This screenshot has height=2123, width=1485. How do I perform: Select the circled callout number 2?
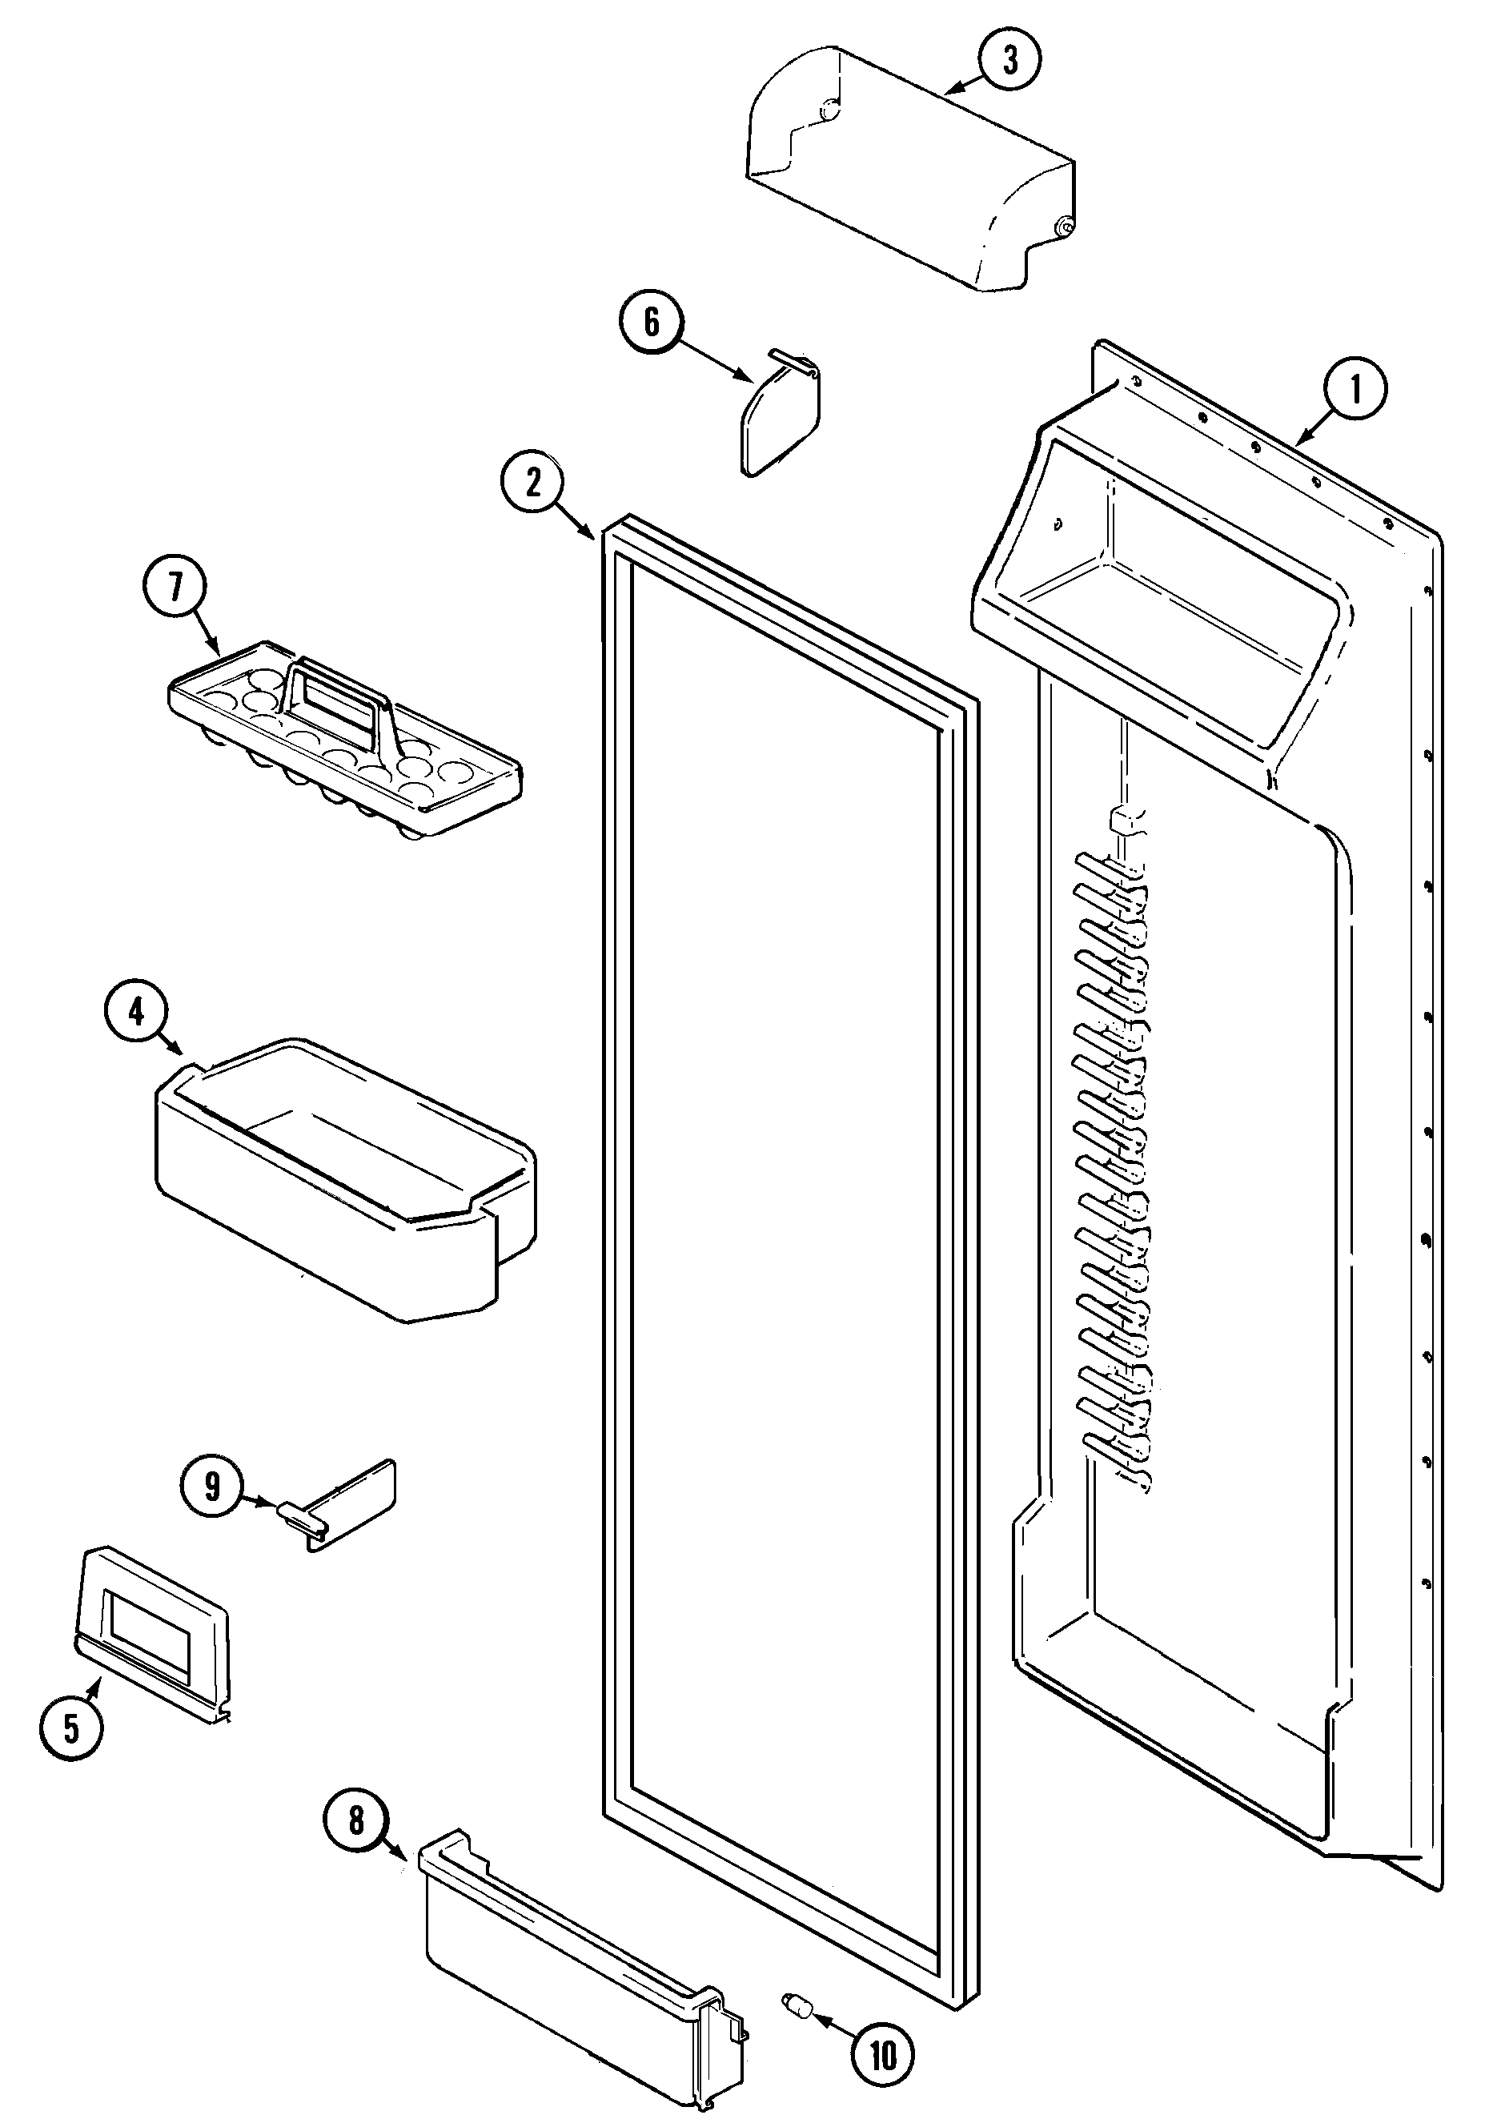coord(532,482)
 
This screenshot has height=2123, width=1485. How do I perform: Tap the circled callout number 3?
coord(1009,60)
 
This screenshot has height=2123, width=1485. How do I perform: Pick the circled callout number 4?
coord(136,1013)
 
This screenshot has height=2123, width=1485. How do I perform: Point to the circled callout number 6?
coord(652,323)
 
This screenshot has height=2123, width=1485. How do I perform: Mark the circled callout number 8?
coord(357,1820)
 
